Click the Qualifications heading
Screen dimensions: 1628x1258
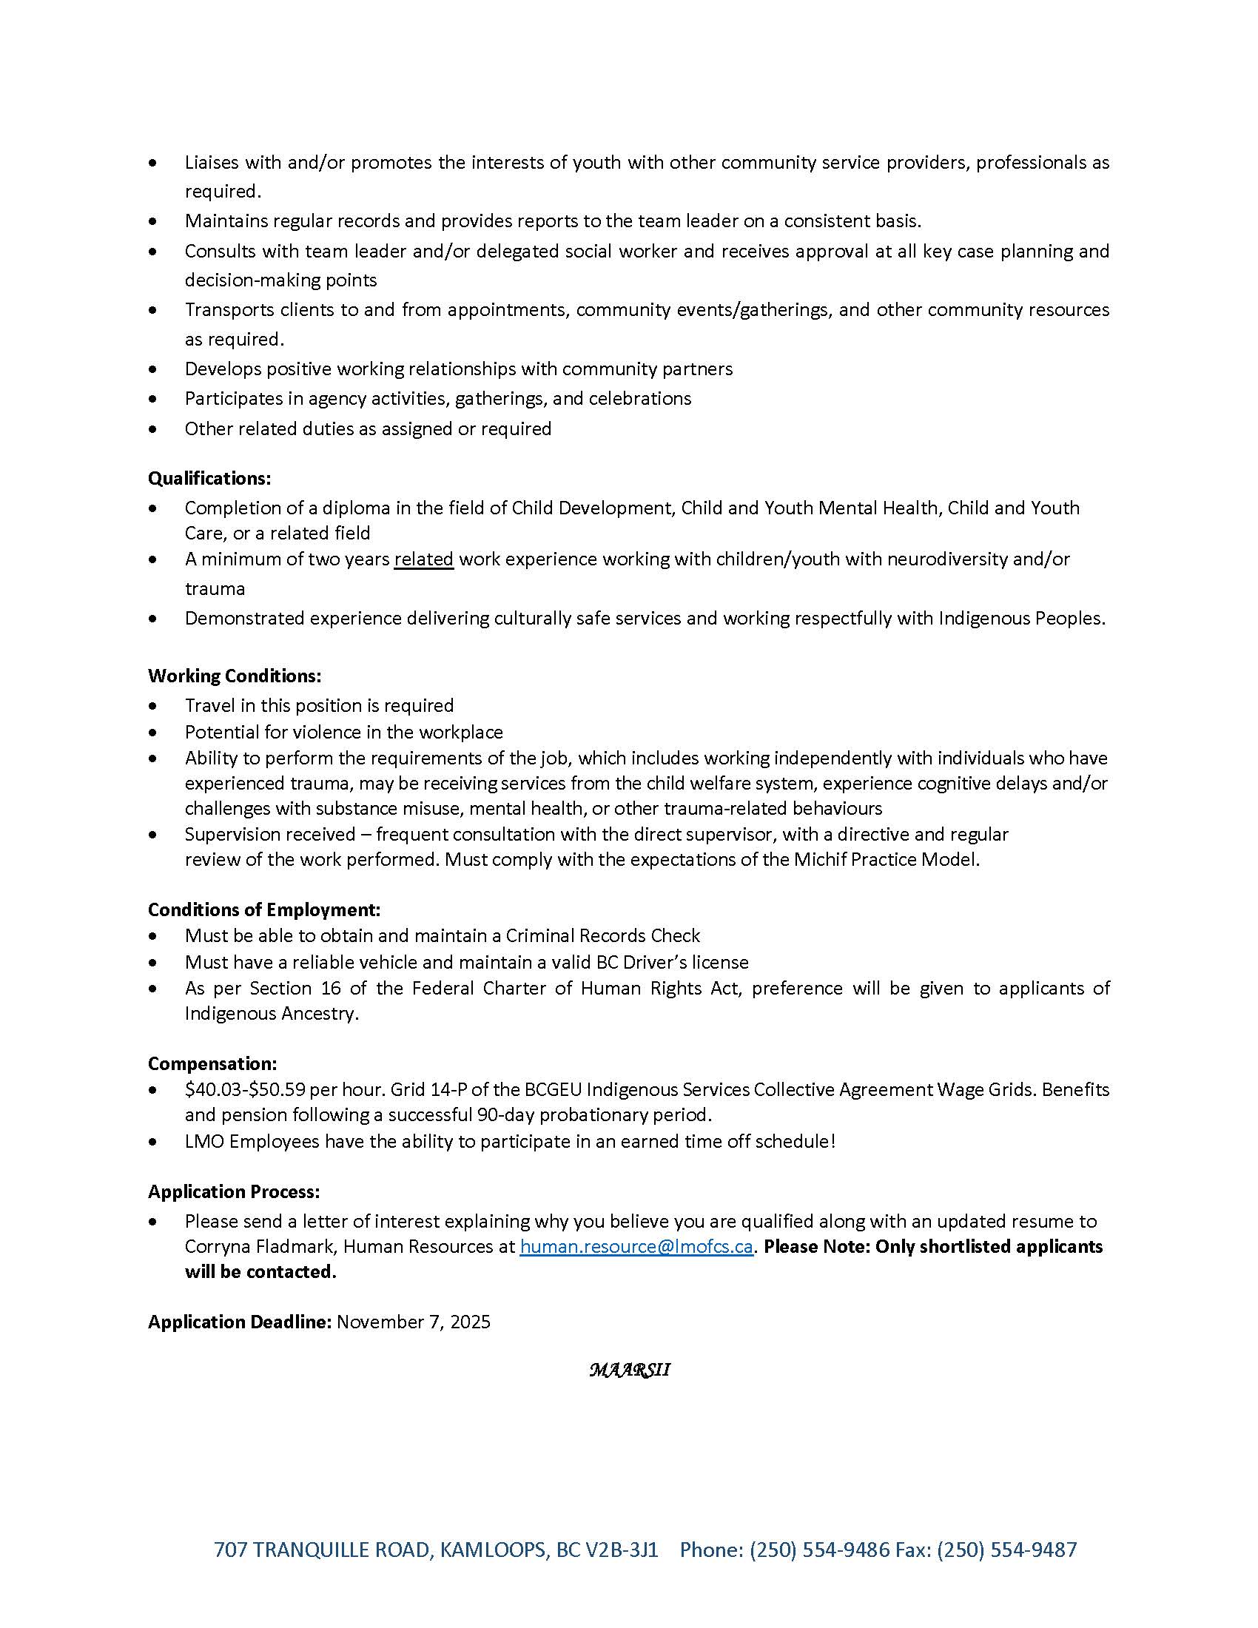click(x=209, y=478)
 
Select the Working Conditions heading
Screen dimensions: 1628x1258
click(x=235, y=676)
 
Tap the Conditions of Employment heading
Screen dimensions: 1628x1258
click(x=264, y=909)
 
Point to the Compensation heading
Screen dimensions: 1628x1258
click(x=212, y=1063)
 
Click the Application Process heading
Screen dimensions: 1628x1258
click(x=234, y=1191)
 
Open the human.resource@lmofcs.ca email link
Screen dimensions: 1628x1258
click(x=636, y=1246)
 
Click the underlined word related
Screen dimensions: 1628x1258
click(x=423, y=558)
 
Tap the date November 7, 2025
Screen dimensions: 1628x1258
click(x=414, y=1322)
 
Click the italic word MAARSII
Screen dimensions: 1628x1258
click(x=629, y=1370)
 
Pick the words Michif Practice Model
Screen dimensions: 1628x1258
click(x=885, y=858)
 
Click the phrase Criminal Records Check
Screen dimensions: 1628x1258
click(x=603, y=935)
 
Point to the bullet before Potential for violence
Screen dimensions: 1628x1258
click(x=152, y=732)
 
